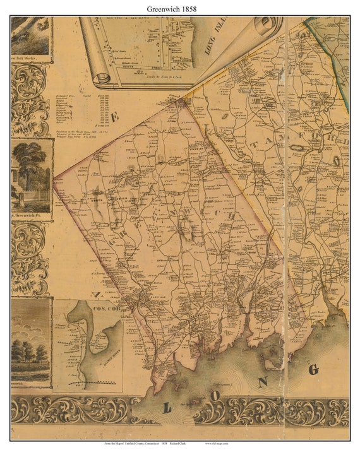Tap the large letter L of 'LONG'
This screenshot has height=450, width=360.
pos(167,408)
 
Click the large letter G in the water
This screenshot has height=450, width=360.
pos(314,369)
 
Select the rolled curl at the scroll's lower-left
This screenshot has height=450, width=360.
pos(101,79)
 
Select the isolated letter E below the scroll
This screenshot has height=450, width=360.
pos(116,117)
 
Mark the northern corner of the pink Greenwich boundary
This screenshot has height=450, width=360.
pos(183,100)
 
